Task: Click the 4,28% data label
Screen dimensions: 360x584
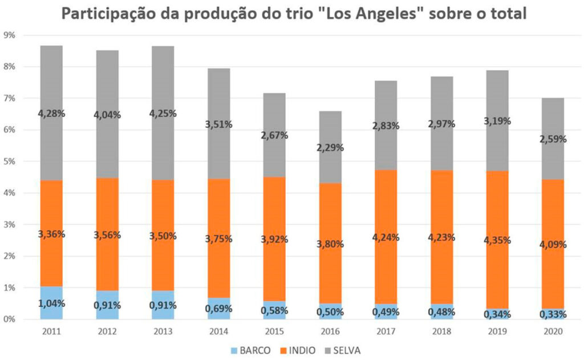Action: click(51, 114)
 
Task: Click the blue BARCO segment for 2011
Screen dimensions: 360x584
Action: click(51, 303)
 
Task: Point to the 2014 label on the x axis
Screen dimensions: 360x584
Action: click(219, 332)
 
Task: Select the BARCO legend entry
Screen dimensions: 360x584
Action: click(246, 350)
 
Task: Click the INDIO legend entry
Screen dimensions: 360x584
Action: click(294, 350)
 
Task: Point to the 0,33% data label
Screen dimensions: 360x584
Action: click(552, 314)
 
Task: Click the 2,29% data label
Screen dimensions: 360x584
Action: click(330, 148)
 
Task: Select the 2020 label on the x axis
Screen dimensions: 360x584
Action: click(552, 332)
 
